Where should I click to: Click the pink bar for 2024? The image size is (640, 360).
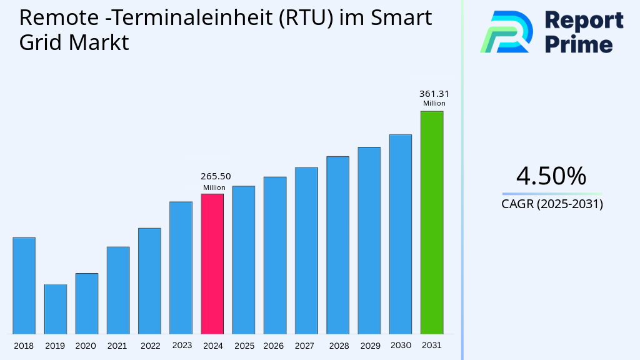click(x=212, y=264)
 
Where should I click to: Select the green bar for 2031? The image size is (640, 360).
click(x=432, y=222)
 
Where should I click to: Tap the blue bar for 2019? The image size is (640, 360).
click(x=56, y=309)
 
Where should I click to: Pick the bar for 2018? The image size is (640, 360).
click(x=24, y=286)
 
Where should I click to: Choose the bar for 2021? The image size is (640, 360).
click(x=118, y=290)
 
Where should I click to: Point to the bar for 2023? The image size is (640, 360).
click(x=181, y=267)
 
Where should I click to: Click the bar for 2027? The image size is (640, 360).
click(x=306, y=250)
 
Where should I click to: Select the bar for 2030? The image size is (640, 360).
click(x=401, y=234)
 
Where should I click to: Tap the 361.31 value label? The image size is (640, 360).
click(x=434, y=94)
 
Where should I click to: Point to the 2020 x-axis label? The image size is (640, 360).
click(x=86, y=346)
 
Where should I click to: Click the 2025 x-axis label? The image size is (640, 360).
click(x=244, y=346)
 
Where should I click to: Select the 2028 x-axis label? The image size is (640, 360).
click(x=339, y=346)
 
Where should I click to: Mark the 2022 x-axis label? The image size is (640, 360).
click(x=150, y=346)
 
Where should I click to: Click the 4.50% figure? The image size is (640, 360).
click(x=551, y=176)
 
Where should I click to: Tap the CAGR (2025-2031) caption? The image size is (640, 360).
click(x=552, y=204)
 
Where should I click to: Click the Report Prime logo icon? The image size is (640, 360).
click(x=506, y=31)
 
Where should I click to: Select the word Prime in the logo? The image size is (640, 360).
click(x=579, y=44)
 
